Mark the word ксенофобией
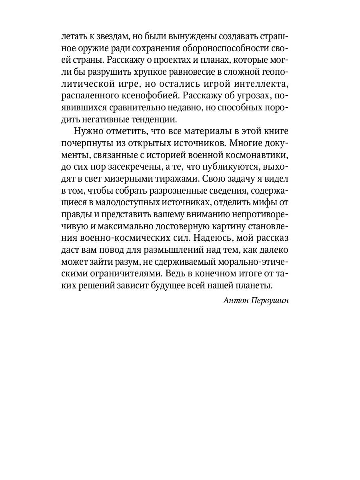pos(143,96)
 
